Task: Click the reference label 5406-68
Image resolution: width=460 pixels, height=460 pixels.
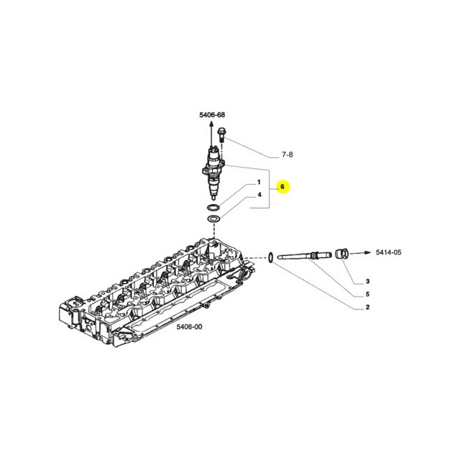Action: (x=212, y=115)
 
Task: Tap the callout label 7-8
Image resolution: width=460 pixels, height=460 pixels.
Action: (x=287, y=155)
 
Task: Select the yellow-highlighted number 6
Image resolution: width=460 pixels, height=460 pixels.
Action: (x=282, y=187)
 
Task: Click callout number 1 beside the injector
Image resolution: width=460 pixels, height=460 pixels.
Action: (x=259, y=182)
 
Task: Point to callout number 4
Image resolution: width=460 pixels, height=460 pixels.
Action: (x=259, y=195)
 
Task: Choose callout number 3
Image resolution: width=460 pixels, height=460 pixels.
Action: (x=367, y=281)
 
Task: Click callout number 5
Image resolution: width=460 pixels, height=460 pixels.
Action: (x=367, y=294)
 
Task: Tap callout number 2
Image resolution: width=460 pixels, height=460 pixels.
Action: (x=367, y=308)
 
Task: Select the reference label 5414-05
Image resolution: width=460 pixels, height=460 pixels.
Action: (x=388, y=252)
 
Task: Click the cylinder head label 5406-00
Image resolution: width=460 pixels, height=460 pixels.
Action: (x=189, y=326)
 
